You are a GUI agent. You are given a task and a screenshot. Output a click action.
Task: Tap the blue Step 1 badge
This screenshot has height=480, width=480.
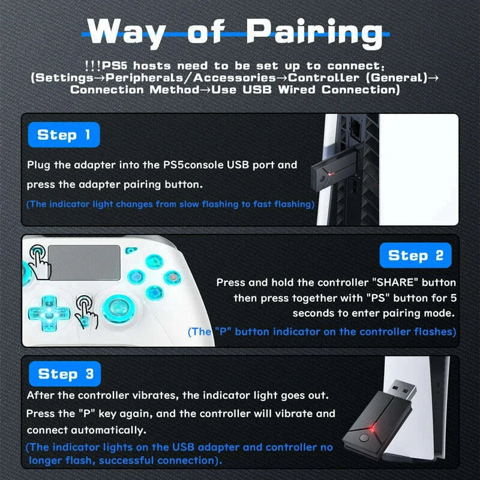[x=64, y=135]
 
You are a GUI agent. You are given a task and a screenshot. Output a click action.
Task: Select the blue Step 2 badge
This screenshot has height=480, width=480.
[x=415, y=256]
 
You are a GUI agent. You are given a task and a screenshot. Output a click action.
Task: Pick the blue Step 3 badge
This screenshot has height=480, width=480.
[x=66, y=374]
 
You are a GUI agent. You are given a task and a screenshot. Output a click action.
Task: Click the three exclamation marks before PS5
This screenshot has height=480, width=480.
[x=93, y=65]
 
